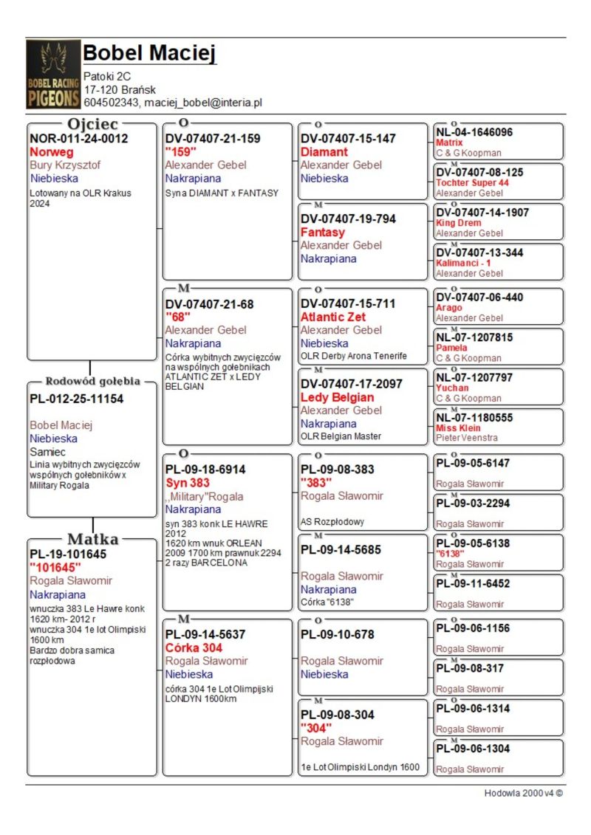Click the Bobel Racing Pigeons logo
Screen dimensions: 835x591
click(x=53, y=75)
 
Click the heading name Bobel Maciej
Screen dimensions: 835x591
click(x=149, y=53)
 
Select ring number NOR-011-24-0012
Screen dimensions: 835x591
click(x=78, y=139)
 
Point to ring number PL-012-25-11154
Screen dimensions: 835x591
click(x=77, y=399)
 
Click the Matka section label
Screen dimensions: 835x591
click(x=92, y=538)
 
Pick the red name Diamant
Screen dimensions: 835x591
click(x=324, y=152)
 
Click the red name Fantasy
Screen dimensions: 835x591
click(x=323, y=233)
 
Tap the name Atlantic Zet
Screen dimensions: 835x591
click(x=338, y=317)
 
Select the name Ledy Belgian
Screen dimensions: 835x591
click(x=337, y=397)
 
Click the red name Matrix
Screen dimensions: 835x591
click(x=449, y=142)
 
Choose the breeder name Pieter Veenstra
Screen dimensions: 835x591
click(x=467, y=438)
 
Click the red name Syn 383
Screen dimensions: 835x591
click(x=188, y=483)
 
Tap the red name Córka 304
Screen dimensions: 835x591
click(x=194, y=647)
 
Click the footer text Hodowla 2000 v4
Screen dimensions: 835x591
click(x=523, y=793)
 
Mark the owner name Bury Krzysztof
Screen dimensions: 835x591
click(x=65, y=165)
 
